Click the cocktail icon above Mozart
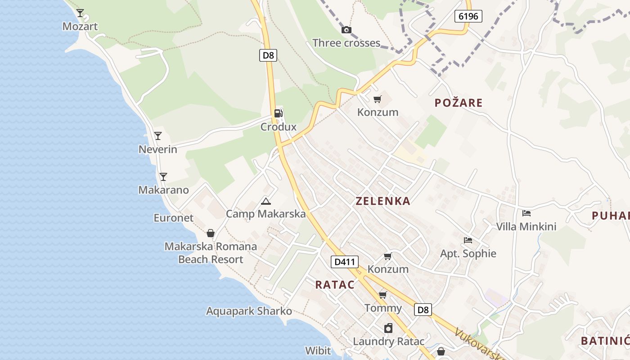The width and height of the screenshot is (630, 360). pos(80,13)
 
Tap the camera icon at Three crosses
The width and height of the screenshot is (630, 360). pos(346,30)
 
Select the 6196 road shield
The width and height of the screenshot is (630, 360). pos(468,17)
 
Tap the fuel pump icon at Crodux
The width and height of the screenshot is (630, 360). pos(279,113)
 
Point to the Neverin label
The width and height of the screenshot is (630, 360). pos(157,149)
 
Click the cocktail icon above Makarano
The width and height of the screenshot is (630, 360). pos(163,177)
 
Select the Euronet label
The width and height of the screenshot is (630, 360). pos(173,218)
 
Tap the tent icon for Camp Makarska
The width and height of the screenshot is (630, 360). pos(266,201)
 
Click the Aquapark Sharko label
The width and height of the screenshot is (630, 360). pos(249,311)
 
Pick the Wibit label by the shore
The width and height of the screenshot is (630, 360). pos(318,351)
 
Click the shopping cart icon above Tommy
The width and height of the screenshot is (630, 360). pos(382,295)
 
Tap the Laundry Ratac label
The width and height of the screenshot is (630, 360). pos(388,342)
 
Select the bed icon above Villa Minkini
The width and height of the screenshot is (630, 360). pos(526,213)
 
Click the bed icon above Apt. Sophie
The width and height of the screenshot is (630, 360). pos(468,240)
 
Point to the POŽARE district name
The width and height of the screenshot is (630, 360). pos(459,103)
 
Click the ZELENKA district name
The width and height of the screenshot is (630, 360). pos(383,201)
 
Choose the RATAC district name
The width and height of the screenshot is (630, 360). pos(335,284)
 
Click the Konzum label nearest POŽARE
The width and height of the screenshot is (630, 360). pos(378,112)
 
